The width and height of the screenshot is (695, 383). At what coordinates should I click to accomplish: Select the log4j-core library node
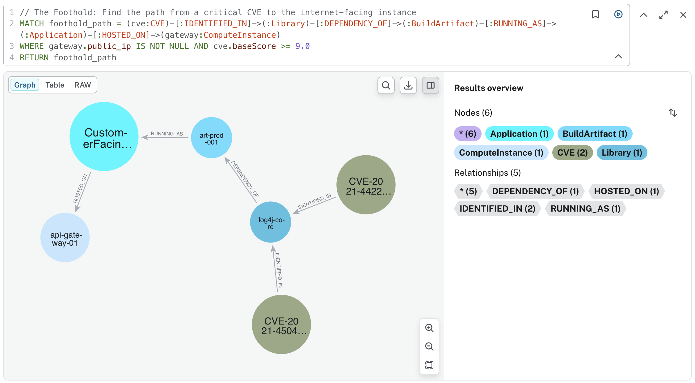271,222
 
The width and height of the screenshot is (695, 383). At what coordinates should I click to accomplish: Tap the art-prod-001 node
212,138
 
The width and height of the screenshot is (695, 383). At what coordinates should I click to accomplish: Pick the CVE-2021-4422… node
366,185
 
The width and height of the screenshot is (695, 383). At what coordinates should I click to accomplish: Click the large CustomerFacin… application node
104,137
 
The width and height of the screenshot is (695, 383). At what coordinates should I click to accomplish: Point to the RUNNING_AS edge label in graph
167,134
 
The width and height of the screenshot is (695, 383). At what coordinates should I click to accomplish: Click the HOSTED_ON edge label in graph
80,189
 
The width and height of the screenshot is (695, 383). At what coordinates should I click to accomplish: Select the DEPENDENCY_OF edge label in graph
245,179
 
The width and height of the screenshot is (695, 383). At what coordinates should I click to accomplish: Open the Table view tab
55,85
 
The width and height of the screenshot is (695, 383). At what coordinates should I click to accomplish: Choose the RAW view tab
83,85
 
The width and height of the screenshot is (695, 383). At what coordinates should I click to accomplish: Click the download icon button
408,85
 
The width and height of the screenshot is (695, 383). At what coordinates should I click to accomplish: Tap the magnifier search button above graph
386,85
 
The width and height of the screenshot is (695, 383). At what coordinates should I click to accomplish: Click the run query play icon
618,14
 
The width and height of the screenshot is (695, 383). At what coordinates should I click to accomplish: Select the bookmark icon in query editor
596,14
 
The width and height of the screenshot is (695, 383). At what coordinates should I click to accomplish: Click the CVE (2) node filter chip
572,153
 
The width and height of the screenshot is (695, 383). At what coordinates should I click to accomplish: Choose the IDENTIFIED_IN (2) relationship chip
497,209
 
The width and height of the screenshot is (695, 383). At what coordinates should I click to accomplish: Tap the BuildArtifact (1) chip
595,134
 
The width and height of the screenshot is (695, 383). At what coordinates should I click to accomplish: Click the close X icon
683,15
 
